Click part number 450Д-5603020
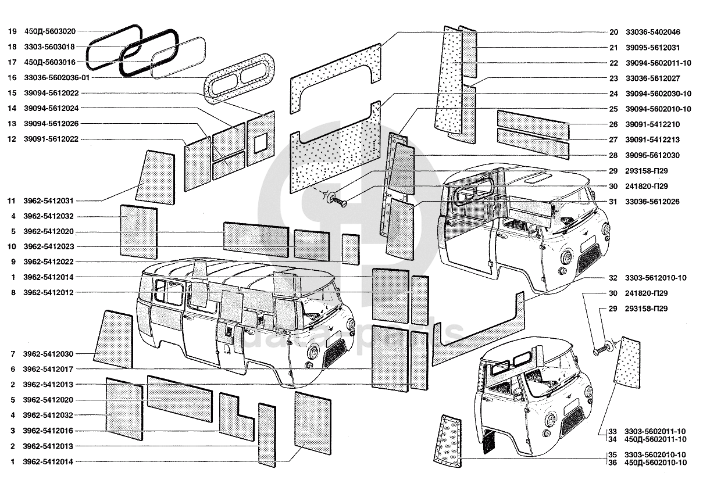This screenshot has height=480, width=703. [51, 31]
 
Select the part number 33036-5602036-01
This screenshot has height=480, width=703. [57, 77]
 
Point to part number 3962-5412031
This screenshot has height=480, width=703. [48, 201]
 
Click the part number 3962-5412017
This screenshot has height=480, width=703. [48, 369]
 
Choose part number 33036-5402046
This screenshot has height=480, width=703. [652, 32]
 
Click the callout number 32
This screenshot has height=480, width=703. [613, 278]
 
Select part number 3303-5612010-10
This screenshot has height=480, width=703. [655, 278]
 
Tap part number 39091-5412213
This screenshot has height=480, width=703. [652, 140]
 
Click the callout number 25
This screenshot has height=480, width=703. [613, 109]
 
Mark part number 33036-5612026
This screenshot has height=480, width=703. [652, 202]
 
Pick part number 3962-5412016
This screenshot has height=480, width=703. [48, 431]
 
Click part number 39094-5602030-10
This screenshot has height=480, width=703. [658, 94]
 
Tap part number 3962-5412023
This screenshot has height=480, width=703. [48, 246]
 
